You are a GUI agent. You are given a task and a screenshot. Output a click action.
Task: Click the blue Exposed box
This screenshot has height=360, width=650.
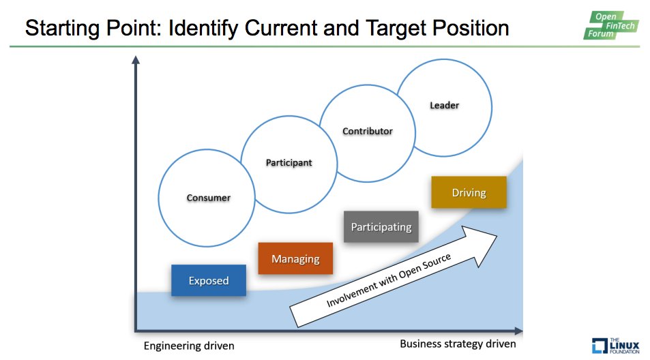(208, 280)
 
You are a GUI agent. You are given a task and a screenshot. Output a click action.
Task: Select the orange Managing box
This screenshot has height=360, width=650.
(295, 259)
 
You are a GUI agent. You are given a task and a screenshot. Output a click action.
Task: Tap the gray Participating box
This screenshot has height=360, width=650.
(381, 227)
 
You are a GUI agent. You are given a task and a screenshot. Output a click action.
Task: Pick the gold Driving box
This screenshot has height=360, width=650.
(469, 192)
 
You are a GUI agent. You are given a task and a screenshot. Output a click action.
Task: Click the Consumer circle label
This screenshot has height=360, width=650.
(208, 198)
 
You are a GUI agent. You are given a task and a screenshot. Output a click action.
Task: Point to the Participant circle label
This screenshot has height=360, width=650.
(288, 163)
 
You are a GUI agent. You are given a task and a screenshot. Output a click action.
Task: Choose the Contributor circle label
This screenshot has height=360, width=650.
(368, 131)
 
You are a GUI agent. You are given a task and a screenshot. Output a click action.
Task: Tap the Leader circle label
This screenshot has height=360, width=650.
(444, 105)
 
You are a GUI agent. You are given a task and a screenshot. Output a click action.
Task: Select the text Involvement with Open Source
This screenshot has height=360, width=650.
(389, 281)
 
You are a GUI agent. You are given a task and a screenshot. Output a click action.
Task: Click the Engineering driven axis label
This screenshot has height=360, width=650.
(189, 346)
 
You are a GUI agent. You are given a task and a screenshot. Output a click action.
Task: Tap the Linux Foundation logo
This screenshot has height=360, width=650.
(616, 346)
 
